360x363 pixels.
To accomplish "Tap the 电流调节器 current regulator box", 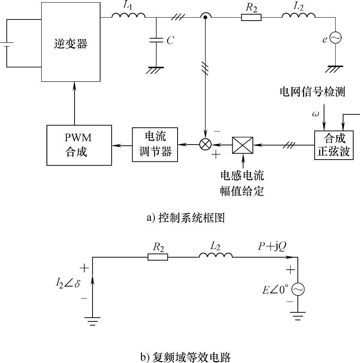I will tap(155, 145).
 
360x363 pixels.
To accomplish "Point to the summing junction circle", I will tap(205, 145).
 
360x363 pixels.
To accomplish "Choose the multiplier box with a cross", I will tap(242, 145).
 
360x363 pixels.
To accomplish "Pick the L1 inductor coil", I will tap(128, 15).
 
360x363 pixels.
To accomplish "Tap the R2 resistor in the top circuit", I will tap(251, 17).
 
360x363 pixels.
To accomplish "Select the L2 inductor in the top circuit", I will tap(298, 15).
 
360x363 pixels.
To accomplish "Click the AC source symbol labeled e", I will tap(334, 38).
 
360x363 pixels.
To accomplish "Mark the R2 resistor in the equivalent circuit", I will tap(157, 257).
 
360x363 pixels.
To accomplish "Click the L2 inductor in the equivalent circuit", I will tap(215, 255).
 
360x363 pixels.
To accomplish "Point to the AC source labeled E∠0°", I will tap(298, 289).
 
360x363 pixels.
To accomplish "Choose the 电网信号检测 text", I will tap(312, 92).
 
